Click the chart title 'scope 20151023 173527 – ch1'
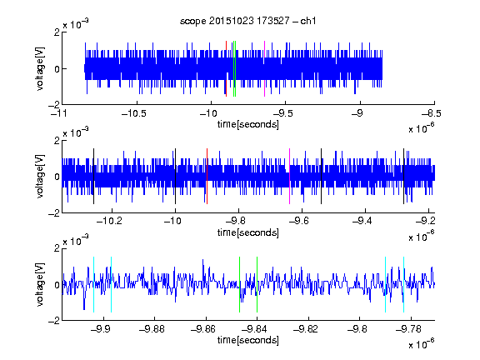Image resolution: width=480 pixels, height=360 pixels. coord(248,21)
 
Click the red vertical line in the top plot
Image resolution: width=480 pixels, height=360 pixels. coord(226,68)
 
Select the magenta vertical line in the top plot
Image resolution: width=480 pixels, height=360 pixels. coord(264,68)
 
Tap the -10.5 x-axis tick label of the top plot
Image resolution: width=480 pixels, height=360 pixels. coord(134,113)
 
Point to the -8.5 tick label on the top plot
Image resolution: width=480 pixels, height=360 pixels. coord(432,113)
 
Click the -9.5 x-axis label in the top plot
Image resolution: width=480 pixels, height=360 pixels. coord(282,113)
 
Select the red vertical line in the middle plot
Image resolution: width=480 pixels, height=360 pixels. coord(207,177)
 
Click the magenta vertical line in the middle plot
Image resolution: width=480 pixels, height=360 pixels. coord(290,177)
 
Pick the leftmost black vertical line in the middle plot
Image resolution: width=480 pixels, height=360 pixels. coord(93,177)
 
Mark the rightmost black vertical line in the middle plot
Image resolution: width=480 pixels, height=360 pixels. coord(404,177)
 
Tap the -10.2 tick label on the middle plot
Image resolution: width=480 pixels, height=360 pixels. coord(109,221)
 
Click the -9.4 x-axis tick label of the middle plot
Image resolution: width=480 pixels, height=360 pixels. coord(362,221)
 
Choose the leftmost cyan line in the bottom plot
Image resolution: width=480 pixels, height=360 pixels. coord(93,285)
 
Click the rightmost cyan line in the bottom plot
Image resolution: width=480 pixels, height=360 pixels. coord(404,285)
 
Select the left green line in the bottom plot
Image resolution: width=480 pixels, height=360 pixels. coord(239,285)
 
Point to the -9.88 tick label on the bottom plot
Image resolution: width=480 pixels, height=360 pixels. coord(152,329)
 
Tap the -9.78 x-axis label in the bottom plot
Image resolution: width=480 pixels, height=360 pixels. coord(408,329)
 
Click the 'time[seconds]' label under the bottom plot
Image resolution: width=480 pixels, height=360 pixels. coord(248,340)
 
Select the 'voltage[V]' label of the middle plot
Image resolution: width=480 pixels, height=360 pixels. coord(40,177)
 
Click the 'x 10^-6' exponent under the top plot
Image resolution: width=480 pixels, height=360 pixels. coord(421,128)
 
